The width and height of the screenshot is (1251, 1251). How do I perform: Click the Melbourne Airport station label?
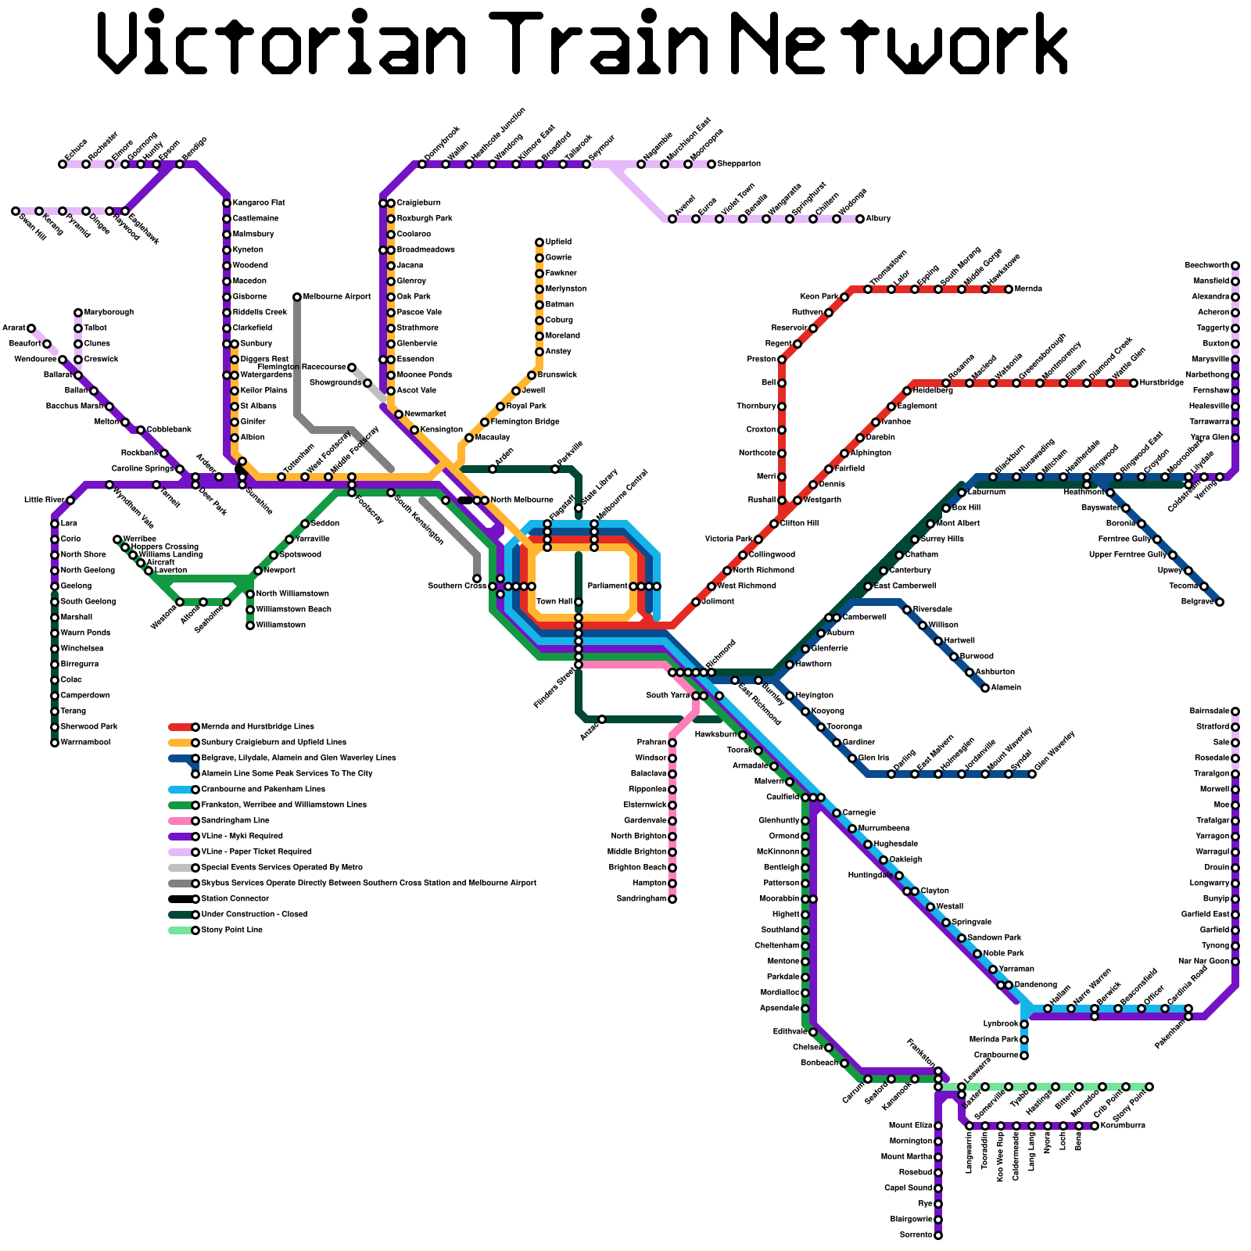pos(336,297)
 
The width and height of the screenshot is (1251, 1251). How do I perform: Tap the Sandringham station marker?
pos(672,899)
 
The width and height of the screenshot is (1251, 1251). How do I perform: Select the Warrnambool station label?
pos(85,743)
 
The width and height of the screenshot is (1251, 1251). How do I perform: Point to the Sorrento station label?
pos(916,1235)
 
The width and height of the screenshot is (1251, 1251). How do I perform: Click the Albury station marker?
pos(860,219)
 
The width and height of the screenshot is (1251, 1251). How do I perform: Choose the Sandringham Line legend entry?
pos(235,821)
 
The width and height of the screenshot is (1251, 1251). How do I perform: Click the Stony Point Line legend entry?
pos(231,930)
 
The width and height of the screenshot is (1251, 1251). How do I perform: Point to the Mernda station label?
pos(1028,289)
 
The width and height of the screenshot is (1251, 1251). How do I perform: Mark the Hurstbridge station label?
pos(1161,383)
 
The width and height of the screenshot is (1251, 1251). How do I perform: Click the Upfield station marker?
pos(539,242)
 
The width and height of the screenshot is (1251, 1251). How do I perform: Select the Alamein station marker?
pos(985,688)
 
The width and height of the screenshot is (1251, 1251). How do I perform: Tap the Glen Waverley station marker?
pos(1032,774)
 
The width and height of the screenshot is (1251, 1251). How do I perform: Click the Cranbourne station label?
pos(995,1056)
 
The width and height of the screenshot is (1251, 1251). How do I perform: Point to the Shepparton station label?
pos(739,164)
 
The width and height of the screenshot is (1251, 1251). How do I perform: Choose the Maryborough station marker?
pos(78,313)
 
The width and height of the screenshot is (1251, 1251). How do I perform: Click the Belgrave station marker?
pos(1220,602)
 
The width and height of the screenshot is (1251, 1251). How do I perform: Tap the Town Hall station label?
pos(554,602)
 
